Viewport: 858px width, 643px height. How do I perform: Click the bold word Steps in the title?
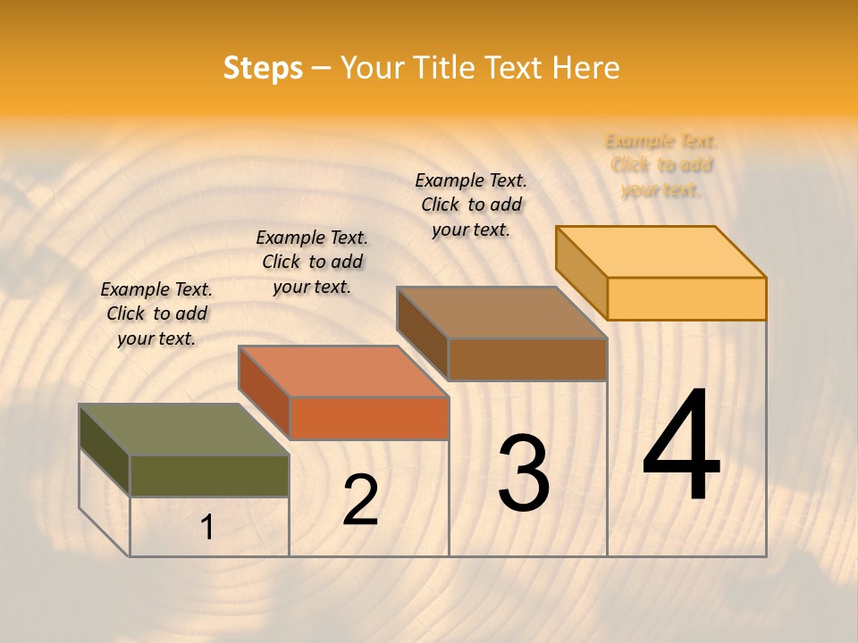coord(263,68)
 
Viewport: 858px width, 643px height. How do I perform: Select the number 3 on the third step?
coord(524,474)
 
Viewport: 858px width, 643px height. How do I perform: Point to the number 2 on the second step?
coord(360,499)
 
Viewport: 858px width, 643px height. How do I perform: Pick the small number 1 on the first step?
coord(207,528)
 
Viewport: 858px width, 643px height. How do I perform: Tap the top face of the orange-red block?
coord(344,371)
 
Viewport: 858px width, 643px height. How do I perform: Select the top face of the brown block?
coord(502,313)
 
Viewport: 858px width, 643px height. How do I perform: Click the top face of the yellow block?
coord(661,252)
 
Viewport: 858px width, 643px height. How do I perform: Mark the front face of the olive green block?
coord(209,476)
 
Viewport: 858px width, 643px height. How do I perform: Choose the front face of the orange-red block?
coord(369,418)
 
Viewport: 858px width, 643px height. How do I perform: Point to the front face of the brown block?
coord(527,359)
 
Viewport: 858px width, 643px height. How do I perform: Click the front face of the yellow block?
coord(686,298)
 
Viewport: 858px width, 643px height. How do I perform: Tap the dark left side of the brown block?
coord(422,332)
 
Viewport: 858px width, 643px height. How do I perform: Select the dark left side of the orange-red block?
coord(264,391)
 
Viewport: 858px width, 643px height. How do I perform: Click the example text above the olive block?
coord(156,313)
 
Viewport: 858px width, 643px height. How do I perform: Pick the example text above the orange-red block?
coord(312,262)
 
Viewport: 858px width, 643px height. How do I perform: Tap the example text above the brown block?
coord(471,205)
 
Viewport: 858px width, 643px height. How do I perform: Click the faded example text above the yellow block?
coord(661,165)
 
